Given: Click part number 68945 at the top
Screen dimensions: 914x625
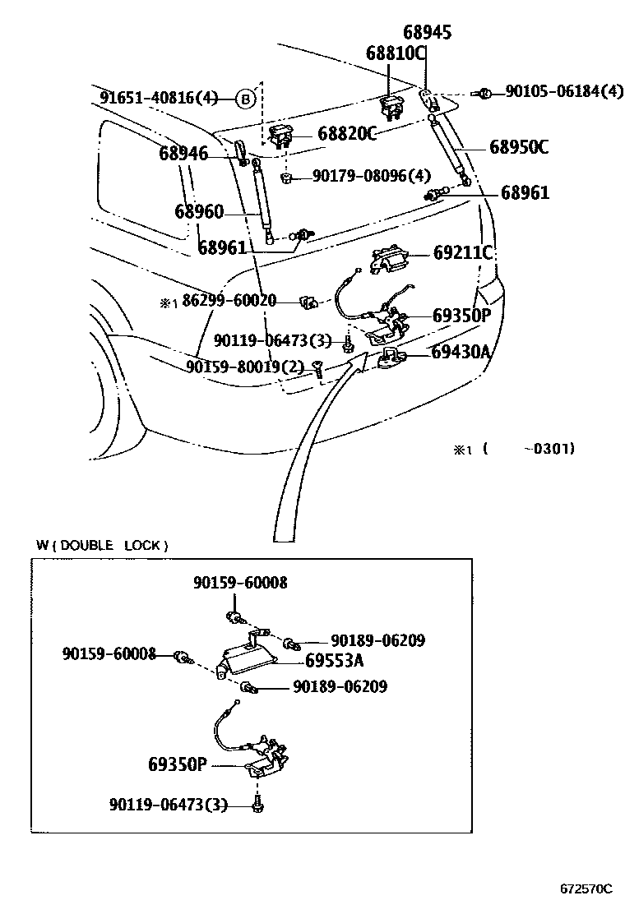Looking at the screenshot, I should coord(427,33).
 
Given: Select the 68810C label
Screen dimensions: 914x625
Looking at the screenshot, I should coord(396,54).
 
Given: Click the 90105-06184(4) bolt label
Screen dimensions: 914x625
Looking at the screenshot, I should coord(563,91).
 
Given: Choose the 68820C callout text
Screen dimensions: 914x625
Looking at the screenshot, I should coord(346,134).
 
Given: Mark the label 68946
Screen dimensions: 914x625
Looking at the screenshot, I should coord(183,153).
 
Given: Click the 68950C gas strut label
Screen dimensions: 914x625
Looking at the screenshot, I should coord(518,148).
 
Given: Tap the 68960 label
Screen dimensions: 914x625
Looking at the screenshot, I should coord(198,212).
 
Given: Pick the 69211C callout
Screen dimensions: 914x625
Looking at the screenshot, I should coord(462,253).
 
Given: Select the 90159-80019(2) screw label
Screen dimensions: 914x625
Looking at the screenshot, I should coord(245,367).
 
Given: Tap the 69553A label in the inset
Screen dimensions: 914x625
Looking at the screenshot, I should coord(334,660).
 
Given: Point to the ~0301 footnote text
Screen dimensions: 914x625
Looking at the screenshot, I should coord(553,449).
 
